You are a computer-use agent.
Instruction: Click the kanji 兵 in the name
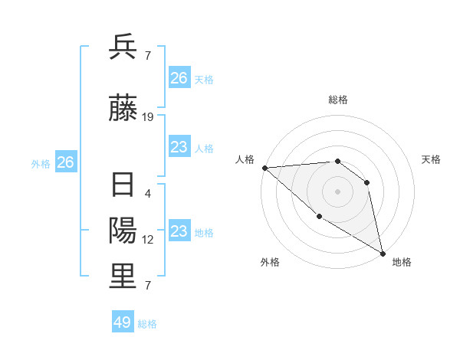coord(123,47)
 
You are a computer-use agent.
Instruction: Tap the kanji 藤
coord(123,110)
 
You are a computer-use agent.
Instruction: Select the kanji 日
coord(123,186)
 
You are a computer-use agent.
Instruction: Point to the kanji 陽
coord(123,231)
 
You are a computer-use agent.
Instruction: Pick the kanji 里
coord(123,276)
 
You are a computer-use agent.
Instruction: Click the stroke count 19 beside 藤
coord(148,117)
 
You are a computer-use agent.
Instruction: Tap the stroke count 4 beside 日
coord(148,194)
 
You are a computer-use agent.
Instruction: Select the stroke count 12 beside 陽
coord(148,240)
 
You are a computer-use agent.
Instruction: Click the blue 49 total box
coord(123,322)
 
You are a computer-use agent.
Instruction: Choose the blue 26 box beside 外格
coord(66,162)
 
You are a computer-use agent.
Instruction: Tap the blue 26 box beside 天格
coord(179,78)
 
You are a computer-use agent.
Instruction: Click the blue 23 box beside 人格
coord(179,147)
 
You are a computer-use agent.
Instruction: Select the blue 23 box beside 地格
coord(179,231)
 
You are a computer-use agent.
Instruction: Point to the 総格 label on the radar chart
coord(337,100)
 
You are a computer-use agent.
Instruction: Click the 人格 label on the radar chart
coord(245,159)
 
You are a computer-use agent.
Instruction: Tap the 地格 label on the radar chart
coord(402,262)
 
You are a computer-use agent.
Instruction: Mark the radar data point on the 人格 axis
coord(264,168)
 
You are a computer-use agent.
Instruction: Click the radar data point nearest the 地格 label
coord(383,254)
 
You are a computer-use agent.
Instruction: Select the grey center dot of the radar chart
coord(337,191)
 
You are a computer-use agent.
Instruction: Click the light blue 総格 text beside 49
coord(147,324)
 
